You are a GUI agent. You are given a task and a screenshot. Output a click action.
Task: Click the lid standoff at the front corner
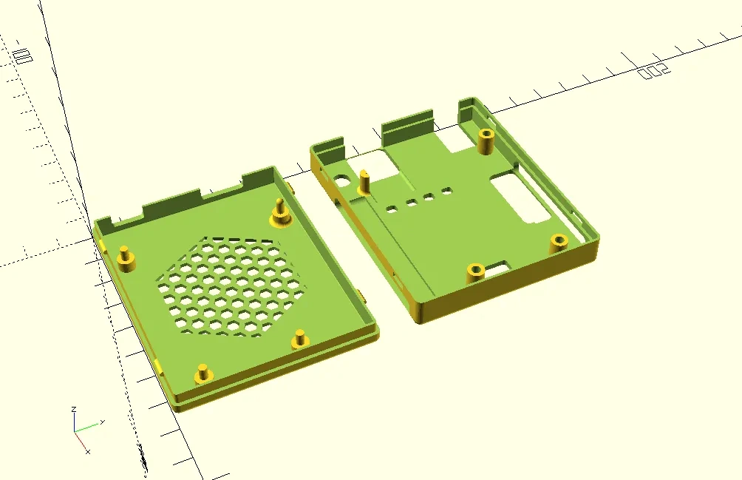tap(202, 375)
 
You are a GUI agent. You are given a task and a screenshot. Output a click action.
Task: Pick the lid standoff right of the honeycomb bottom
tap(300, 339)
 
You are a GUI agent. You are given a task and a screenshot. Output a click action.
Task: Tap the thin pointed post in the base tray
tap(365, 182)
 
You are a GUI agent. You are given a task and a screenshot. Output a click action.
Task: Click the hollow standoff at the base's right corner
tap(558, 243)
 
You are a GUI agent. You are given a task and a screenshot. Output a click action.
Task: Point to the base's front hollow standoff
tap(474, 272)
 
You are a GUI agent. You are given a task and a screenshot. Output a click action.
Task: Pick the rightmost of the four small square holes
tap(446, 192)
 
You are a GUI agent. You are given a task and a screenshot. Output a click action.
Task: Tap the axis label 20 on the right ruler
tap(653, 70)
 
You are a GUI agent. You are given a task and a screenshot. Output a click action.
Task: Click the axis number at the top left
tap(22, 55)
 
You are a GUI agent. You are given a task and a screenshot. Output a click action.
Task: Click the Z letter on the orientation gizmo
tap(74, 408)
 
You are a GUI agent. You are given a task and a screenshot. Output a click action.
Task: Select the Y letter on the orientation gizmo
tap(101, 422)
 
